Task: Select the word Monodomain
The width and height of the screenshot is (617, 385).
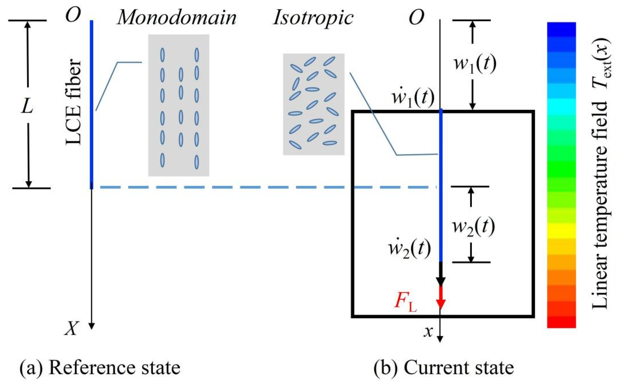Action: coord(177,18)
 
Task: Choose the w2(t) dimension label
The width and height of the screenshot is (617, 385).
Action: coord(474,226)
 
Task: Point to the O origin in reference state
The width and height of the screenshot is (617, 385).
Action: coord(73,15)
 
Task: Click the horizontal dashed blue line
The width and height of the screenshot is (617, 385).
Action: coord(268,187)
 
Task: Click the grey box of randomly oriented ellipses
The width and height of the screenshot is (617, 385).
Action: coord(314,104)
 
